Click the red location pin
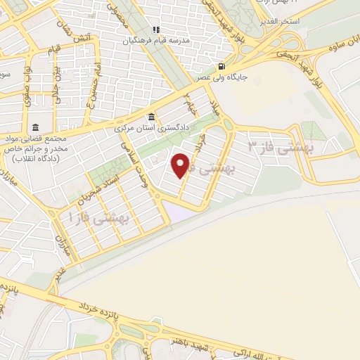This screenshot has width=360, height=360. click(x=181, y=165)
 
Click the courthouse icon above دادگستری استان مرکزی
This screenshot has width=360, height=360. click(x=150, y=117)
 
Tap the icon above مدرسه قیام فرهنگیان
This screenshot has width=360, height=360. click(x=156, y=30)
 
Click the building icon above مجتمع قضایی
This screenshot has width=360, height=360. click(x=34, y=127)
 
